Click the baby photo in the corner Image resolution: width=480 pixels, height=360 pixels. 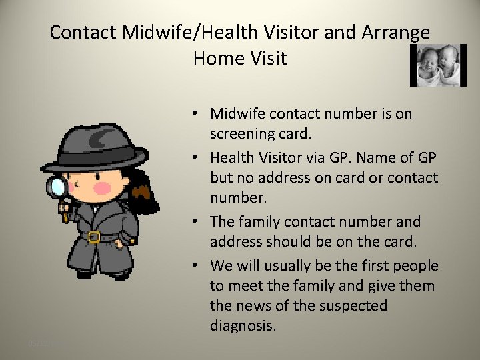pyautogui.click(x=437, y=65)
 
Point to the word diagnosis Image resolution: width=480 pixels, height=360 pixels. pyautogui.click(x=243, y=326)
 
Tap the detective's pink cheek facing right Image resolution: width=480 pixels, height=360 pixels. pyautogui.click(x=102, y=188)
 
